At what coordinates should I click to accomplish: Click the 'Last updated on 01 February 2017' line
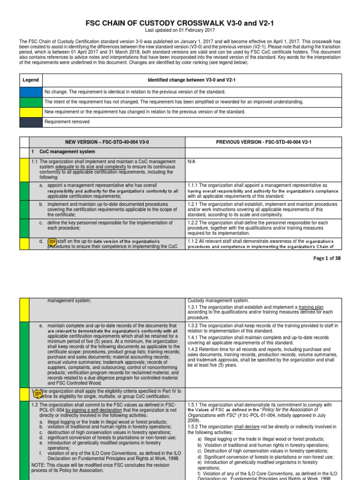[x=180, y=30]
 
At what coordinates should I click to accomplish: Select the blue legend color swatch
[x=30, y=91]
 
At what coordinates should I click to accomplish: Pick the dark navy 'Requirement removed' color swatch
[x=30, y=122]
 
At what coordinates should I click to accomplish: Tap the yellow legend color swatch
[x=30, y=112]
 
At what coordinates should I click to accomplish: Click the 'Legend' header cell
[x=30, y=80]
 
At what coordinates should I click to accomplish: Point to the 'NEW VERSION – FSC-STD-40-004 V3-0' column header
[x=107, y=142]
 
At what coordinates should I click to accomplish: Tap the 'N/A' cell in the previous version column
[x=191, y=161]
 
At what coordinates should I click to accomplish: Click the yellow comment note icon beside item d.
[x=52, y=242]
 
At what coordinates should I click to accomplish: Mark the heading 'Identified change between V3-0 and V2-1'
[x=191, y=80]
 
